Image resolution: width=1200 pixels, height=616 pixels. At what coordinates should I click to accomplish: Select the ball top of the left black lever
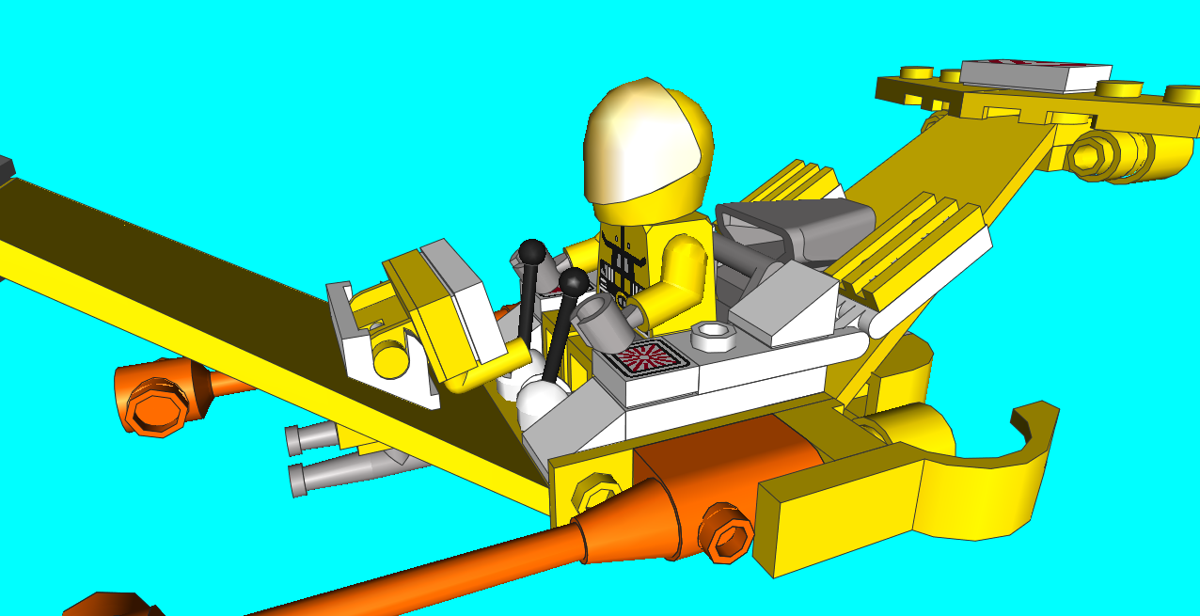pos(532,252)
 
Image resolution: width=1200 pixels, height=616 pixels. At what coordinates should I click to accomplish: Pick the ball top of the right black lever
pos(573,280)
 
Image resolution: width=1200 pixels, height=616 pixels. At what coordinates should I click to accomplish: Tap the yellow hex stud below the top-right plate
pos(1097,154)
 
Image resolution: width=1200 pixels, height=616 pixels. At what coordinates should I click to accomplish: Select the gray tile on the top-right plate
pos(1034,74)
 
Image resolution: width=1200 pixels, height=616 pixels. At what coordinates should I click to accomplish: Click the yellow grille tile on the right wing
pos(908,248)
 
